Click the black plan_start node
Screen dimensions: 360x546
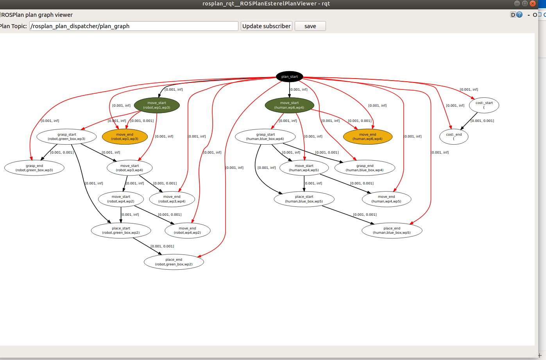pos(289,77)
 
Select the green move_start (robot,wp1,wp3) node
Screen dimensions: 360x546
pos(157,105)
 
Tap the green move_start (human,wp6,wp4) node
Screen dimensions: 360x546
pos(289,105)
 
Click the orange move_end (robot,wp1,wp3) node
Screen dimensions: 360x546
pos(125,136)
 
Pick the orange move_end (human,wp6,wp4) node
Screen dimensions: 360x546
pos(367,136)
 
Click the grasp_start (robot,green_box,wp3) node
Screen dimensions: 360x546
pos(66,136)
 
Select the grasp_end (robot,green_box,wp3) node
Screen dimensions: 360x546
pos(34,168)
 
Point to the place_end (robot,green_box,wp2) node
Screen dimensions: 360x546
pos(174,262)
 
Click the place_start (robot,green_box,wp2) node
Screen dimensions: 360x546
pos(121,230)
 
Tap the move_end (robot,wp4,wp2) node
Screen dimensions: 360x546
pos(187,230)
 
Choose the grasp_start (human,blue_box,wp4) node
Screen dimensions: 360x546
pos(265,136)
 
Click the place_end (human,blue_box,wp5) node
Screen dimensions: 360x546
pos(392,230)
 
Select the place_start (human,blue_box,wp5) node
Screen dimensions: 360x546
pos(304,199)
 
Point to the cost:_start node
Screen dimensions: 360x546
pos(484,105)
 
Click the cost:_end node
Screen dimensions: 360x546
pos(454,136)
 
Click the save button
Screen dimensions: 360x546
pos(310,26)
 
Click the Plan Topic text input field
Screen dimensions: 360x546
pos(134,26)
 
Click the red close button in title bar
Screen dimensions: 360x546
pos(532,4)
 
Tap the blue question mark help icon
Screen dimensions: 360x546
pos(519,15)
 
